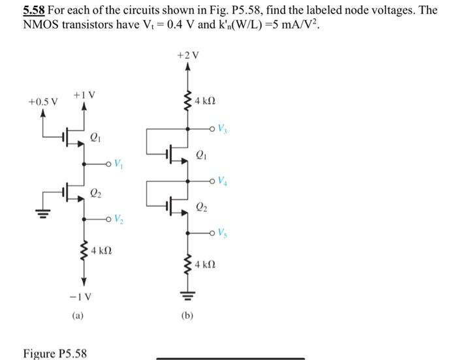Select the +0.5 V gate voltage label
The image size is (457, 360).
[x=42, y=102]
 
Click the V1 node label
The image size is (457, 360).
[x=118, y=163]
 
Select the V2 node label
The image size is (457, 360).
[x=118, y=218]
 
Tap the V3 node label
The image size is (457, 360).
[x=223, y=128]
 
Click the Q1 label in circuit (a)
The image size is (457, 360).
[x=96, y=138]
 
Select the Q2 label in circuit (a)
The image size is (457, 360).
[x=96, y=193]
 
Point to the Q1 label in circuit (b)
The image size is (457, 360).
[x=202, y=156]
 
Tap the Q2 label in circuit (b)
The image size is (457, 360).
[x=202, y=209]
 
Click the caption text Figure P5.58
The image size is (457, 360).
[x=55, y=353]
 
